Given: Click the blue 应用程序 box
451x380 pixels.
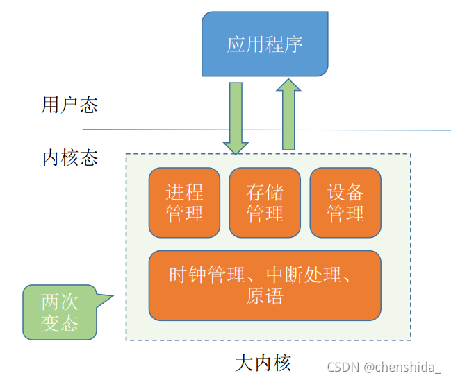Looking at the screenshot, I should click(265, 45).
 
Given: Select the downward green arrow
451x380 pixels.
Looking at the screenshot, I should click(236, 118).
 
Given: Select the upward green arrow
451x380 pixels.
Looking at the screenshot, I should click(289, 114).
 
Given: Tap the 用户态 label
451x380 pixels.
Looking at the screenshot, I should click(69, 105).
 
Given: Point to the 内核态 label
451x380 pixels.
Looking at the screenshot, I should click(69, 157).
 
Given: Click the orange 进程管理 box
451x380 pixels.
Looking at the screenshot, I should click(185, 202).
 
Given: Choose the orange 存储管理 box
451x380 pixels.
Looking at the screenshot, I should click(265, 202).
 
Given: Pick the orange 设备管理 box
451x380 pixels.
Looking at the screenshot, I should click(345, 202).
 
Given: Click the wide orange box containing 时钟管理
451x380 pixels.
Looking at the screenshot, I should click(265, 286).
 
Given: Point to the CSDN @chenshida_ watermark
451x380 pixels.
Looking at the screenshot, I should click(384, 367).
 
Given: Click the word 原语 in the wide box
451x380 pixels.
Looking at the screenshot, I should click(265, 297).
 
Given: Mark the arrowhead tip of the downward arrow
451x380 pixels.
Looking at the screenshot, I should click(236, 153).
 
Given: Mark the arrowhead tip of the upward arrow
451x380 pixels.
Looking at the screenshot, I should click(289, 78).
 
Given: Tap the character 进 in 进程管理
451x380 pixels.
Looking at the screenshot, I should click(175, 192).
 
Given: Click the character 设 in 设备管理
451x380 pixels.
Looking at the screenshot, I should click(336, 192).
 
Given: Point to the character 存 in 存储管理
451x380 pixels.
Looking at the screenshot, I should click(255, 192).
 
